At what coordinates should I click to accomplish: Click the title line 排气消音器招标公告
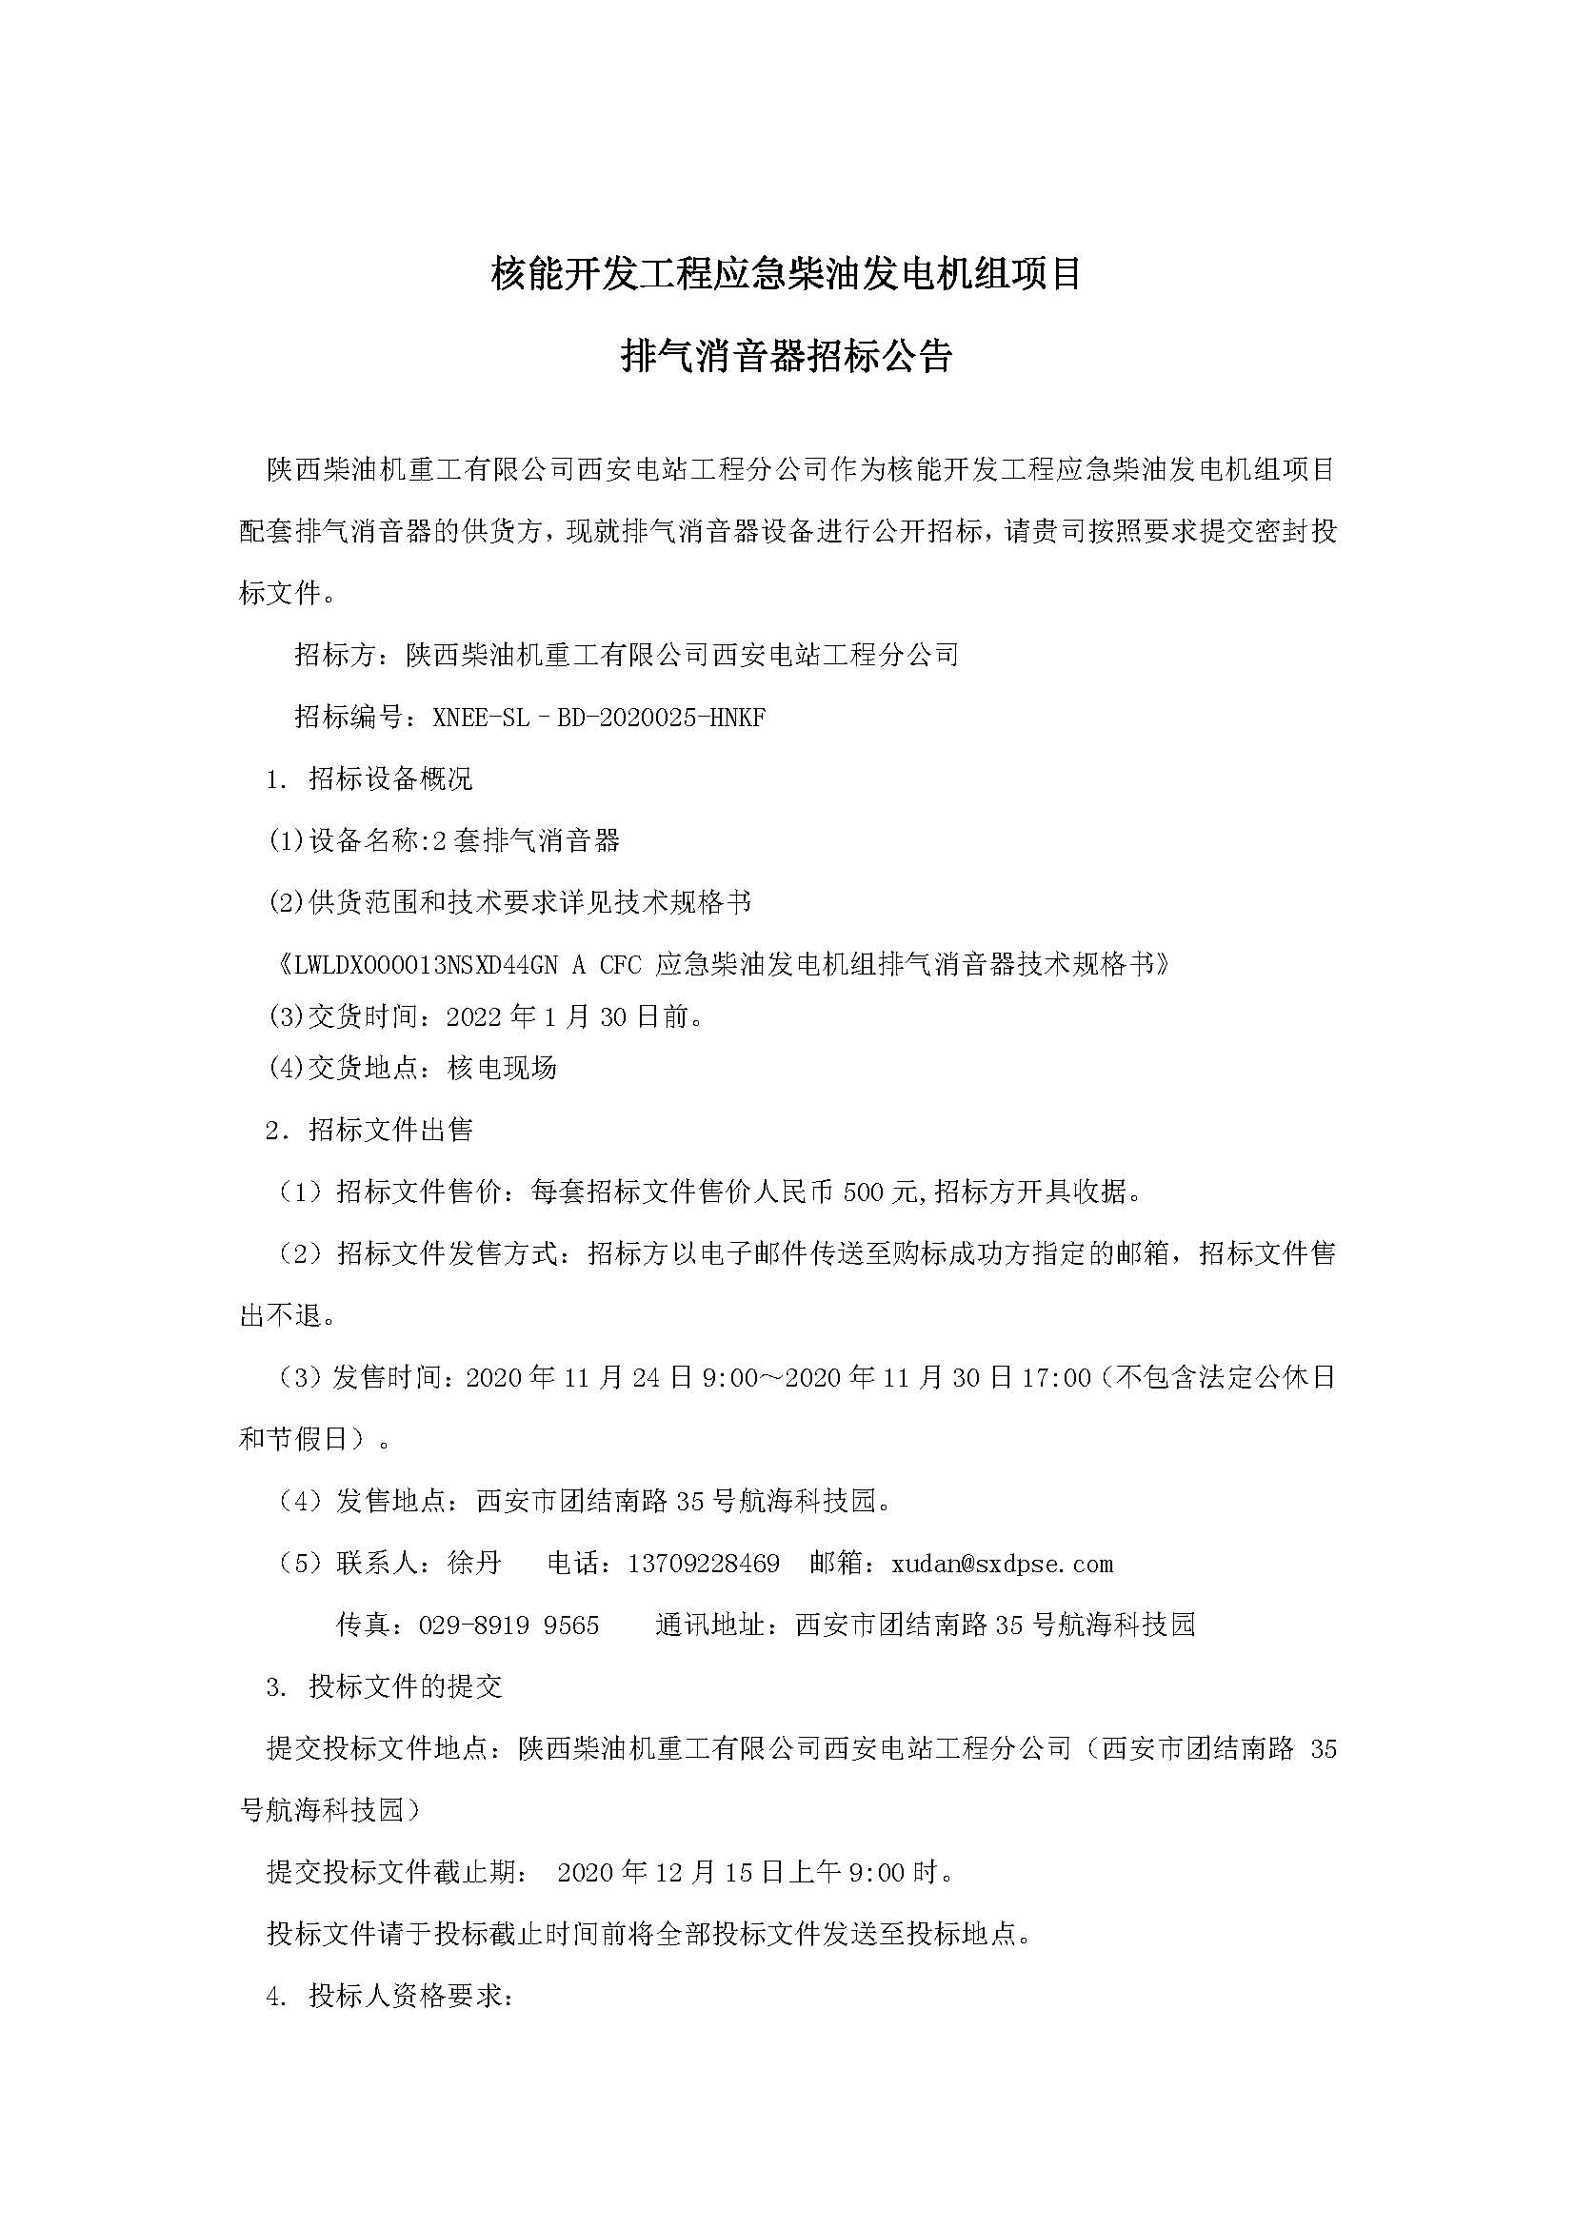click(787, 357)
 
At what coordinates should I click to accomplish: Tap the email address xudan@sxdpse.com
click(1002, 1563)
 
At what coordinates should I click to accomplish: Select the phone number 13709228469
click(703, 1563)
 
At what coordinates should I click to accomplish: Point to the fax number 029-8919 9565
click(508, 1624)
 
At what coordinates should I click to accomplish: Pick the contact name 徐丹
click(475, 1563)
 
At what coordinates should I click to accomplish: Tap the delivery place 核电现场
click(503, 1068)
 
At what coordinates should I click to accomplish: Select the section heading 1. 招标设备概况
click(369, 778)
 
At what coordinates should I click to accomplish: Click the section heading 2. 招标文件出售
click(369, 1130)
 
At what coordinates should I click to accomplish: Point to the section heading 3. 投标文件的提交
click(384, 1686)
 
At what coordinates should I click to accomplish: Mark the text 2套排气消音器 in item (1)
click(526, 840)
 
